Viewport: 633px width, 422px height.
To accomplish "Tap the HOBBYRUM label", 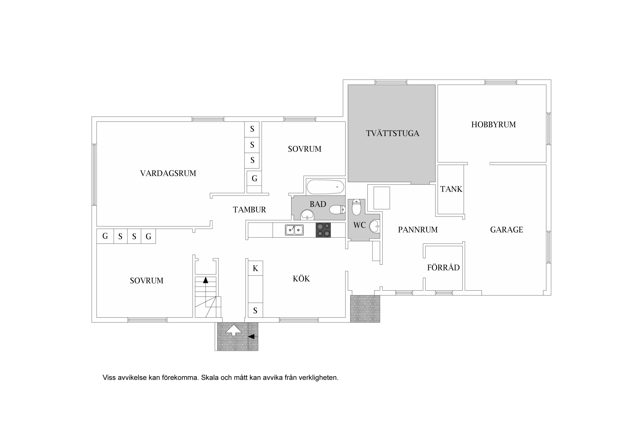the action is coord(493,124).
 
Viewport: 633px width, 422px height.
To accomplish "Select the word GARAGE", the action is coord(506,230).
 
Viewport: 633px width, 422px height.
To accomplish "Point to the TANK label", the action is coord(451,189).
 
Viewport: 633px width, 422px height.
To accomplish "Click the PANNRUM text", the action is coord(418,230).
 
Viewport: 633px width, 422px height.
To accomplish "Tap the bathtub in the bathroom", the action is coord(325,187).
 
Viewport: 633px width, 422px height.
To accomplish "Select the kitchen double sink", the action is coord(294,230).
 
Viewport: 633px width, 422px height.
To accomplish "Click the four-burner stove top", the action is coord(324,230).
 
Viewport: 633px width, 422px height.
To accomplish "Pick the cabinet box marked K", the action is coord(255,268).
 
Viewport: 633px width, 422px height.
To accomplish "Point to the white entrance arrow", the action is coord(234,330).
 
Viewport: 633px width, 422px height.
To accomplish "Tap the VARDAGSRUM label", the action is coord(168,173).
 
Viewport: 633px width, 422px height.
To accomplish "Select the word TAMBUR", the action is coord(250,209).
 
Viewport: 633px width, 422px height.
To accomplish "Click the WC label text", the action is coord(360,225).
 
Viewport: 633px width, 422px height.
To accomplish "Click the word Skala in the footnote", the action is coord(210,378).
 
